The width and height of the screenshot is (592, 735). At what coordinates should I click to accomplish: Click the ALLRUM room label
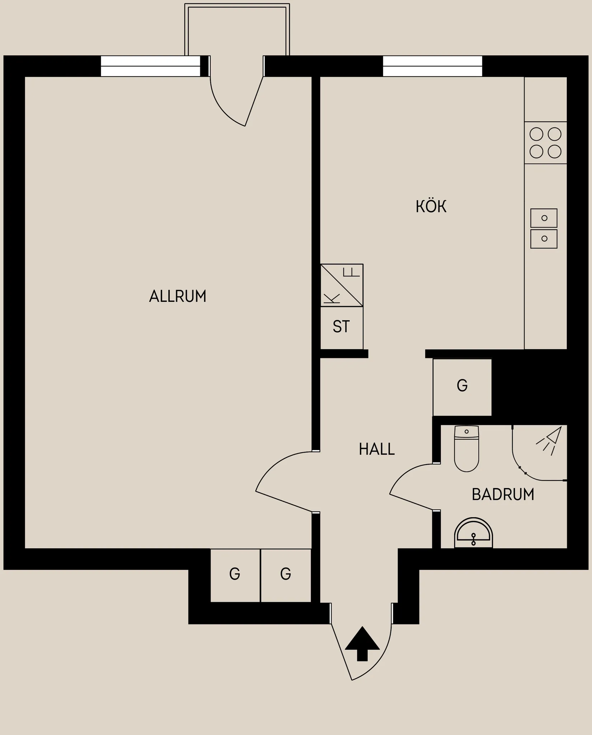[x=178, y=296]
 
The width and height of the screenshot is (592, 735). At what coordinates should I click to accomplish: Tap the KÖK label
[x=431, y=207]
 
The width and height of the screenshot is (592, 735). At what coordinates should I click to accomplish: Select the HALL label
[x=377, y=449]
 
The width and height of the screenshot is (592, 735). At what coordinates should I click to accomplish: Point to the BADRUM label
[x=503, y=495]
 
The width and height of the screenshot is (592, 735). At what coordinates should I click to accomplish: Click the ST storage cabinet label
[x=341, y=327]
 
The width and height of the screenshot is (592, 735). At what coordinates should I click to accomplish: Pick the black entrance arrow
[x=362, y=643]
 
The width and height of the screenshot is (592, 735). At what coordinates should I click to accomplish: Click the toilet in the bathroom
[x=466, y=449]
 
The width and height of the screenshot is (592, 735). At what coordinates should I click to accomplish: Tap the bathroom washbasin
[x=473, y=533]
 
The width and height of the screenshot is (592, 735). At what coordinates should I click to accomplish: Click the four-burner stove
[x=545, y=143]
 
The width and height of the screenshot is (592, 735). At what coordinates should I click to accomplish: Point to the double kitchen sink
[x=544, y=229]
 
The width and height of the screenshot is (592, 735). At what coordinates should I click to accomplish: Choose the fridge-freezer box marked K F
[x=342, y=285]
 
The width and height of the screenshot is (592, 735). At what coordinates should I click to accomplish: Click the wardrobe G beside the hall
[x=462, y=387]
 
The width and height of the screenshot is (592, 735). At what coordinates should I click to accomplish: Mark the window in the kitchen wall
[x=432, y=66]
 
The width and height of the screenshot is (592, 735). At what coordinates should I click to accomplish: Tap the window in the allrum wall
[x=150, y=66]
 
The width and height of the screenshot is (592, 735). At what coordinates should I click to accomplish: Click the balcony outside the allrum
[x=237, y=29]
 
